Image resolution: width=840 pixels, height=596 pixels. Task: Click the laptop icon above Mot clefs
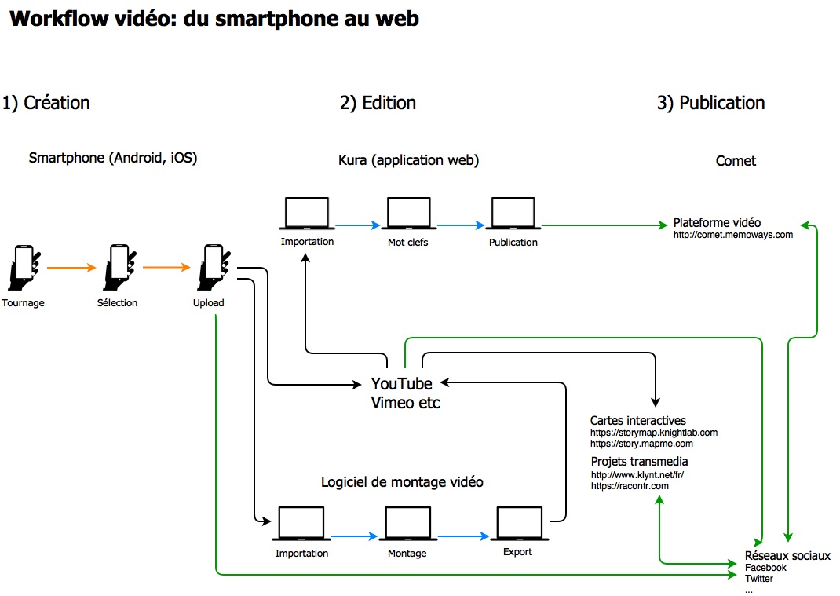(x=408, y=214)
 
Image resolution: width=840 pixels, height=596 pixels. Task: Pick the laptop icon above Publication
(x=513, y=214)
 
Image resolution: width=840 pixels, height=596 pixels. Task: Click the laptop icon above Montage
(x=407, y=524)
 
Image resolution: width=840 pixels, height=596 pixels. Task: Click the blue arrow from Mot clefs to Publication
(x=461, y=225)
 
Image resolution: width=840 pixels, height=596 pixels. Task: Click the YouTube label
(x=401, y=384)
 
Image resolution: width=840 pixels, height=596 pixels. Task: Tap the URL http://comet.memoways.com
(x=733, y=234)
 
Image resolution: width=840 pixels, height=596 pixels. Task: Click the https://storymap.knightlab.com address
(x=654, y=432)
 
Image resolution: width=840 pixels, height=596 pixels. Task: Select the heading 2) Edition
(x=378, y=103)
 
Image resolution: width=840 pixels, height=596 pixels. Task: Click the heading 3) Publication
(x=710, y=103)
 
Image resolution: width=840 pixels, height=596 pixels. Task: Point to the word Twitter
(x=759, y=579)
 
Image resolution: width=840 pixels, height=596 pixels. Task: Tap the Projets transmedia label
(x=640, y=461)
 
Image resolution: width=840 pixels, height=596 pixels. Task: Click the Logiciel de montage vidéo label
(x=402, y=482)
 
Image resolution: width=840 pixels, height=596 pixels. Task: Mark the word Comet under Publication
(x=736, y=161)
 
